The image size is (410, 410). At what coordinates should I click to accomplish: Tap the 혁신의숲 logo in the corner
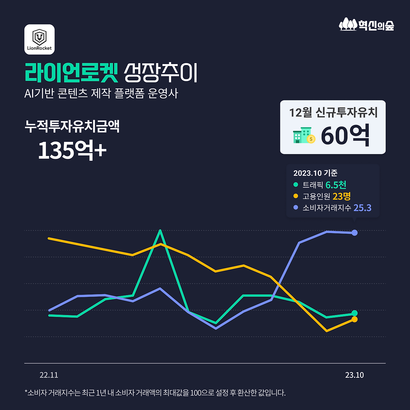pos(366,25)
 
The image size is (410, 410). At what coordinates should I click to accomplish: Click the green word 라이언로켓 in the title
pos(71,72)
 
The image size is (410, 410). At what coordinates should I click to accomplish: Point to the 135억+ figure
pos(72,150)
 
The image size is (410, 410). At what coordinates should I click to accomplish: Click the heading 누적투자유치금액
pos(72,126)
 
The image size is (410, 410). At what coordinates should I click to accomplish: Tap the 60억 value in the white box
pos(345,135)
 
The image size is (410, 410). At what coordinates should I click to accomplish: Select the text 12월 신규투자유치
pos(333,112)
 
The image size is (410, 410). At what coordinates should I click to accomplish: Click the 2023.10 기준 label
pos(315,173)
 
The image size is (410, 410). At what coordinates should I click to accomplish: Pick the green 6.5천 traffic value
pos(336,185)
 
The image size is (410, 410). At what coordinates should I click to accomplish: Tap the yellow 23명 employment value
pos(341,196)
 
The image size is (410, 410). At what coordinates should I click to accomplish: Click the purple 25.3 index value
pos(362,208)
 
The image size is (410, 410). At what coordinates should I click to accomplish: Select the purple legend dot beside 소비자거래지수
pos(296,208)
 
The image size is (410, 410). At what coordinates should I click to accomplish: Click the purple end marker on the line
pos(355,233)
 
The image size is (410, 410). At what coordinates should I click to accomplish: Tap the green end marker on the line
pos(355,313)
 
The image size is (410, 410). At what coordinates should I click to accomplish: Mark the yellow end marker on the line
pos(355,319)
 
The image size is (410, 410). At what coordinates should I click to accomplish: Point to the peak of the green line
pos(160,231)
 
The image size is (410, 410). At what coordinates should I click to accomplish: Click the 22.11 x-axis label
pos(49,375)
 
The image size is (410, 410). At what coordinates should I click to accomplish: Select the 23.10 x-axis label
pos(354,375)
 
